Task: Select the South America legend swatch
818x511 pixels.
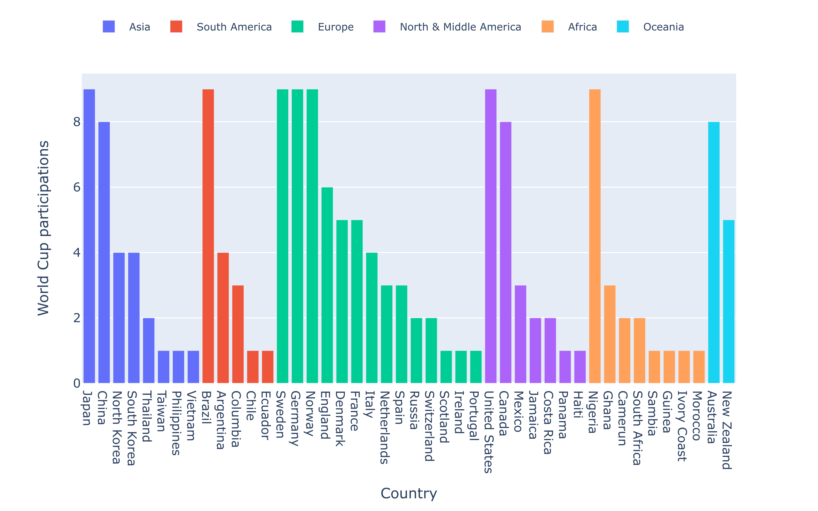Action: [x=176, y=27]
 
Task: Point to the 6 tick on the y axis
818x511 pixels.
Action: [x=77, y=187]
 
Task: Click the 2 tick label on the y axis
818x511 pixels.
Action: [x=77, y=318]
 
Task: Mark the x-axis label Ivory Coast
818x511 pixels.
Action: [x=682, y=426]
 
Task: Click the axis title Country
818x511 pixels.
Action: [x=409, y=493]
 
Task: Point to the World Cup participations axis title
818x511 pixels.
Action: [x=43, y=228]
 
